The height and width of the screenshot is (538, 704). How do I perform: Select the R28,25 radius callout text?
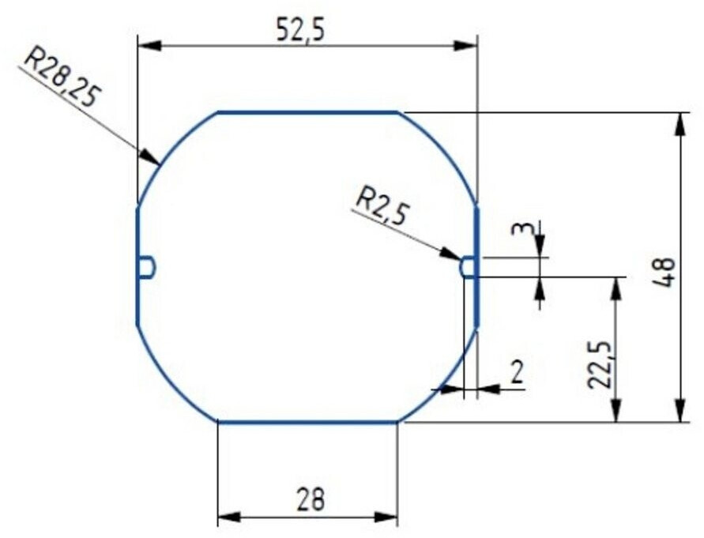click(61, 78)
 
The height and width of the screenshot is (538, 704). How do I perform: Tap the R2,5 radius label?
click(381, 208)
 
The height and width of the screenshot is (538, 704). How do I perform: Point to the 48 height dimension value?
click(664, 273)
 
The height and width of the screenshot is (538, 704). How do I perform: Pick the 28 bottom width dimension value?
click(311, 499)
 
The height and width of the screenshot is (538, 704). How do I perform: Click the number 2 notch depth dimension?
click(518, 372)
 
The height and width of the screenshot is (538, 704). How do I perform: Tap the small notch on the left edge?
click(146, 267)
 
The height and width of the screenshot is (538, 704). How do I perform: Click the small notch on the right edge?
click(468, 267)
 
